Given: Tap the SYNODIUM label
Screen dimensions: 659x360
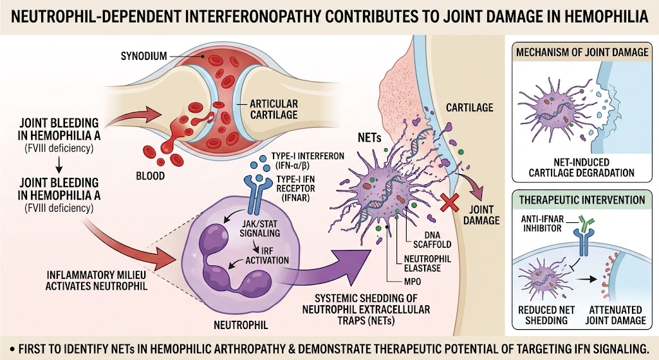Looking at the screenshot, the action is [x=144, y=56].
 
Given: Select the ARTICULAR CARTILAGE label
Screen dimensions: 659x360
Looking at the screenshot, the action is [x=274, y=109].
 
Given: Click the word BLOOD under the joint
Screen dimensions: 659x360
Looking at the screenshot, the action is [x=150, y=176].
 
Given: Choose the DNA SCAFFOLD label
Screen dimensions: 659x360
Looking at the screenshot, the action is [x=432, y=240].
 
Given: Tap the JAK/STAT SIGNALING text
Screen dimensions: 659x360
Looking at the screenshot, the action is [x=260, y=228].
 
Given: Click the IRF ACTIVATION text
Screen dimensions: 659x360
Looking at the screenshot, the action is [x=267, y=256].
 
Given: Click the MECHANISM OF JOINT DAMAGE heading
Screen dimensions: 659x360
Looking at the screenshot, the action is [x=582, y=52].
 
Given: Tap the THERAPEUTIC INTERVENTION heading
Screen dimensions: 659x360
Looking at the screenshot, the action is [x=582, y=200].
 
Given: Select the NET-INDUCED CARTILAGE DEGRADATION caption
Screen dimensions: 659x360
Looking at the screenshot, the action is [x=582, y=167].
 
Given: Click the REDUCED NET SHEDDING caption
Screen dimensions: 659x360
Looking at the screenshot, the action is [x=546, y=315].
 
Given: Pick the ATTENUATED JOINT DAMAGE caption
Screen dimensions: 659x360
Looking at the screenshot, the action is [x=615, y=315].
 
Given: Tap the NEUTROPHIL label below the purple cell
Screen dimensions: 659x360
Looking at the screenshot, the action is [x=241, y=325].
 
